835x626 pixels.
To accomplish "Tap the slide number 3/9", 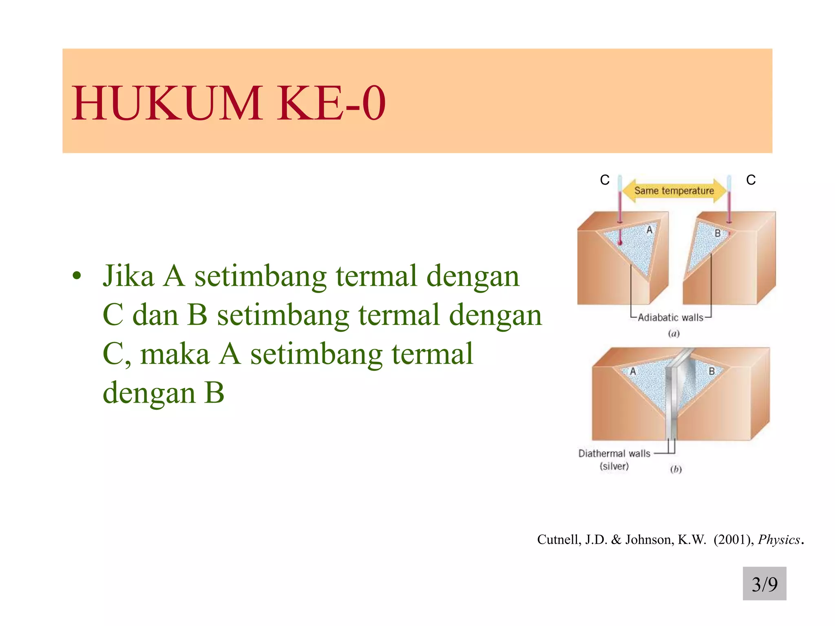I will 764,584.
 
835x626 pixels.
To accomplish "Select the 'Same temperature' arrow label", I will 674,191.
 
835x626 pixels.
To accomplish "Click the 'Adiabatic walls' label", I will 670,317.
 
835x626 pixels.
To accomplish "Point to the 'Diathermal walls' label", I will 614,454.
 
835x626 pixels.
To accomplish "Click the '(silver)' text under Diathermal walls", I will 614,466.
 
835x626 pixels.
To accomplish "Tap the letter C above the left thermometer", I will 605,180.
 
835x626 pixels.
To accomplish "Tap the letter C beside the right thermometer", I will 751,180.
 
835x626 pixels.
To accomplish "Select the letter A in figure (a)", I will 649,230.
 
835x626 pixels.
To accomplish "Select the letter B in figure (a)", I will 718,233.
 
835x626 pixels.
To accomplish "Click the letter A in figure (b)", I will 633,371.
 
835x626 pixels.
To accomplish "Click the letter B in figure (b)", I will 712,371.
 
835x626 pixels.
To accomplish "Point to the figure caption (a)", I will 674,334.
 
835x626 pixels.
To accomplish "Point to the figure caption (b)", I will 676,469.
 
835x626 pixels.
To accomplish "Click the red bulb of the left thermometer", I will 620,243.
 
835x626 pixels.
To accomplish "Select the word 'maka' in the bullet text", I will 175,354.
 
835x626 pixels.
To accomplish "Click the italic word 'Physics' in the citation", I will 779,540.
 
